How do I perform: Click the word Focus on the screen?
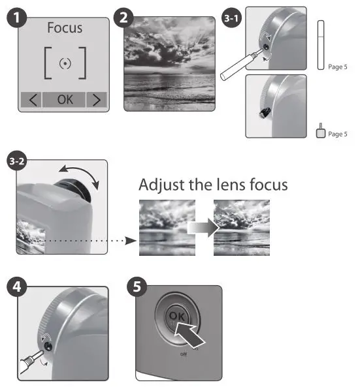[x=65, y=29]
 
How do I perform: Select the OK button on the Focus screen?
[x=65, y=100]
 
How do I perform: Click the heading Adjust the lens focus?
[x=213, y=185]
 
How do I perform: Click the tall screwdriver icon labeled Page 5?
[x=320, y=44]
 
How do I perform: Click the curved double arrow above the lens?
[x=78, y=174]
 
